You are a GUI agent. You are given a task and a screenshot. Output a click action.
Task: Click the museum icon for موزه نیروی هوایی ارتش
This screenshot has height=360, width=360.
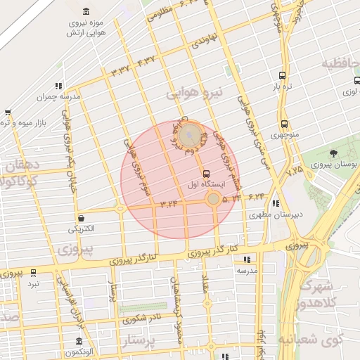86,13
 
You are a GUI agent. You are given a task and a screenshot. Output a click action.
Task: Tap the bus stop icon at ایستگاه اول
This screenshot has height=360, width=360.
205,173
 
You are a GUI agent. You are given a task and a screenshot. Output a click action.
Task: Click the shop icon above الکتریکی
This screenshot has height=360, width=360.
82,219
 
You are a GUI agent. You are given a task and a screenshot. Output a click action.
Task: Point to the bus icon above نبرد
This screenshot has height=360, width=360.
33,273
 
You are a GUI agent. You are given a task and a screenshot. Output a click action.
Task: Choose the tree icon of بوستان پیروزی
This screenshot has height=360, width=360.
333,153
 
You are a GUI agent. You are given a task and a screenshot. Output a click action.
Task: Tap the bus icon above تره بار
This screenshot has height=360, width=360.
282,76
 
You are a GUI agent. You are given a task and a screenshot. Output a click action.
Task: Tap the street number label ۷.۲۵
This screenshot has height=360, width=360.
294,169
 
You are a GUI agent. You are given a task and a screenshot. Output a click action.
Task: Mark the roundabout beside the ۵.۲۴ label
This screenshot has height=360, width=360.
213,200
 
